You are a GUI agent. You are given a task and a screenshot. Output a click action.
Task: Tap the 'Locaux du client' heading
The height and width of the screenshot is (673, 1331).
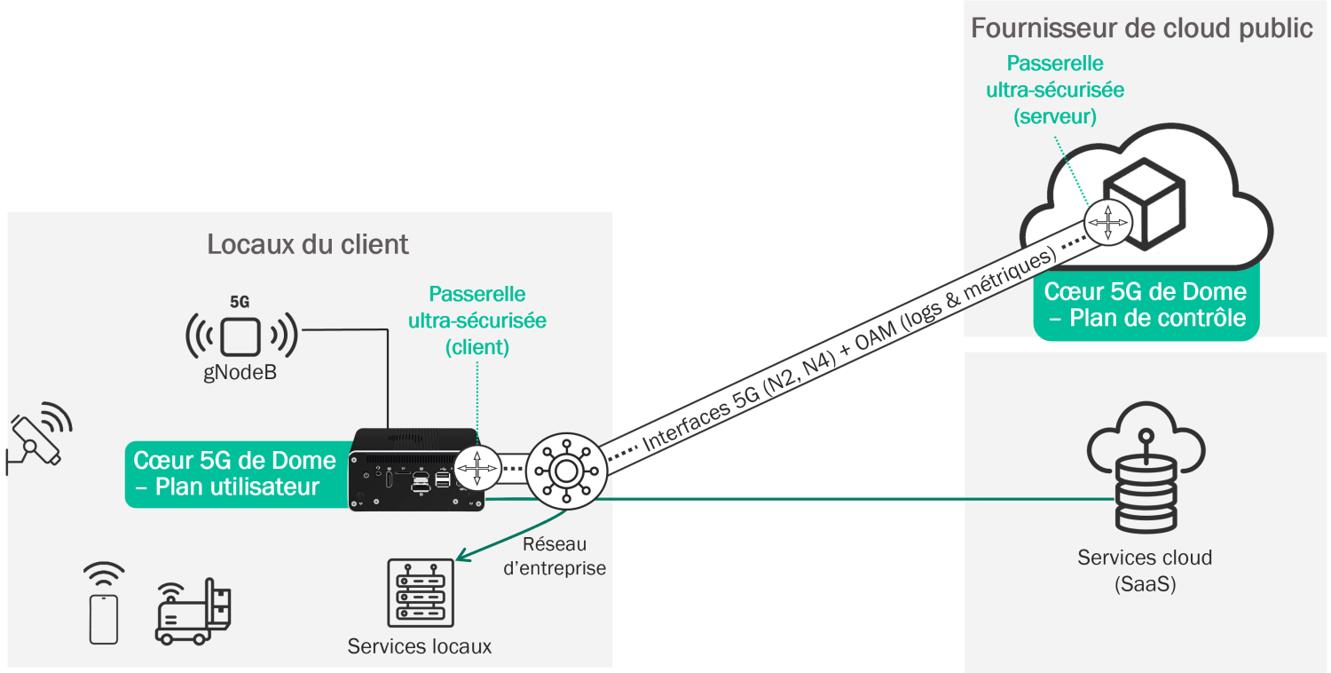(x=308, y=244)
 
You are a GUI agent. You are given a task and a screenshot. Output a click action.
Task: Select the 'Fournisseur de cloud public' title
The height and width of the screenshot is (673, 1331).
(x=1142, y=28)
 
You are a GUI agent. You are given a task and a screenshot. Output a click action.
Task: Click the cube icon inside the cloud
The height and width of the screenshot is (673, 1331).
(x=1144, y=202)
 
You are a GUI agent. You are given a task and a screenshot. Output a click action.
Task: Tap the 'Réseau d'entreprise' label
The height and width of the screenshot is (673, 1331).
(x=555, y=556)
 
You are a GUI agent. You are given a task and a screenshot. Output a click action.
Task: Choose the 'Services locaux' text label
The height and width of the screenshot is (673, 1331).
(x=419, y=645)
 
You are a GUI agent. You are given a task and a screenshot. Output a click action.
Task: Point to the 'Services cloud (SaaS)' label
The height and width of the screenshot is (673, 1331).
(x=1145, y=570)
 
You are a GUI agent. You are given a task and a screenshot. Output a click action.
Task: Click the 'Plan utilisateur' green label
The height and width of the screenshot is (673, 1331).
(x=235, y=473)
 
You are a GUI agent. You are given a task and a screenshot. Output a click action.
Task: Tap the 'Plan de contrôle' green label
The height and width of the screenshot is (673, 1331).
(x=1146, y=304)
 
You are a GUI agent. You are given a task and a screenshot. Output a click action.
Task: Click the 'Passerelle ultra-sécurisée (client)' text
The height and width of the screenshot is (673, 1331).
(x=476, y=321)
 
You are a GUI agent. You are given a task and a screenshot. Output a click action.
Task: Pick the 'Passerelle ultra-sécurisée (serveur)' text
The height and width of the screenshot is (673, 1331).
(x=1055, y=90)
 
